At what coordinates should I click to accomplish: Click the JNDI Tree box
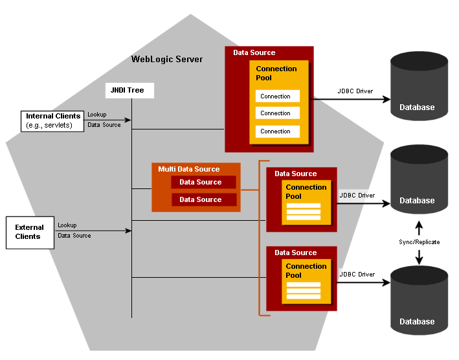coord(130,90)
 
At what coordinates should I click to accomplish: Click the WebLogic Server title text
coord(167,60)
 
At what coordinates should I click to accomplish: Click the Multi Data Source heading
coord(188,170)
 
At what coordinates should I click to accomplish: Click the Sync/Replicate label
coord(419,242)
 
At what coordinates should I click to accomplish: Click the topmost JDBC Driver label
coord(355,91)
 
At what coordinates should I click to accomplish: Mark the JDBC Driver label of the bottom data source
coord(357,275)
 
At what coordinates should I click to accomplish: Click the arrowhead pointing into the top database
coord(386,100)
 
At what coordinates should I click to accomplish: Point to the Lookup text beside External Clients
coord(67,225)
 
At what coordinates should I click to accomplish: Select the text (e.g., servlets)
coord(49,125)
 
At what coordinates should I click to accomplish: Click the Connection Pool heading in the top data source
coord(276,73)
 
